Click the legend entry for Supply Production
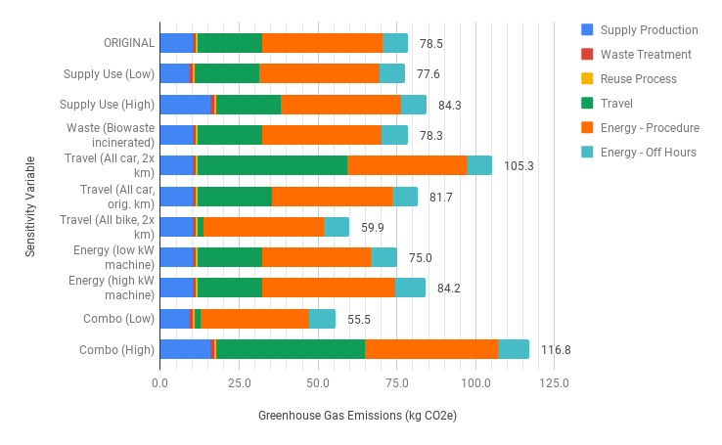click(649, 30)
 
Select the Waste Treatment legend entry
click(646, 55)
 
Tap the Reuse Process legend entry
click(638, 79)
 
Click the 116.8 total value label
click(555, 349)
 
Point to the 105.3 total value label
click(519, 165)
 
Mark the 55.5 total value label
click(359, 319)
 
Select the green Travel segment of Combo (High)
click(291, 349)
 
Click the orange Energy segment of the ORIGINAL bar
click(322, 43)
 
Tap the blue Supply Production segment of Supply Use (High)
click(185, 105)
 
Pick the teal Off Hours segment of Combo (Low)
click(322, 319)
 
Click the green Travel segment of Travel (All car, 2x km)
click(272, 165)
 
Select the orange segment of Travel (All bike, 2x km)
click(263, 227)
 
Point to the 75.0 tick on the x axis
click(396, 382)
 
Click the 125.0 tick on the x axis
click(554, 382)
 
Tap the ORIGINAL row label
click(129, 43)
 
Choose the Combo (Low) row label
click(118, 319)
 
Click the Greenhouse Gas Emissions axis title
click(357, 416)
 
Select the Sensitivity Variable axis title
click(30, 205)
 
